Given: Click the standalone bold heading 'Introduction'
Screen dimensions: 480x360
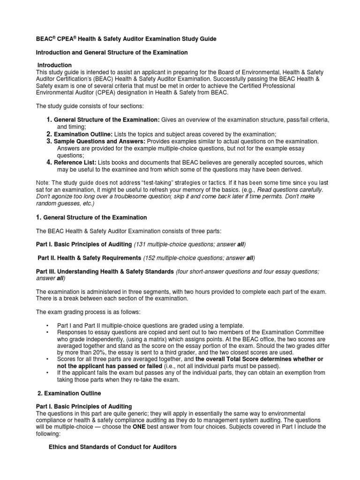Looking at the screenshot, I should coord(55,65).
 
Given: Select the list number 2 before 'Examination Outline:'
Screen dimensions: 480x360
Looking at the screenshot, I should coord(48,135).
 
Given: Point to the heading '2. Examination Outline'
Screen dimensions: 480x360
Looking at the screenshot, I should coord(68,392).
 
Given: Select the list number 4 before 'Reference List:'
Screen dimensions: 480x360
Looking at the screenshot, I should coord(48,162).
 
